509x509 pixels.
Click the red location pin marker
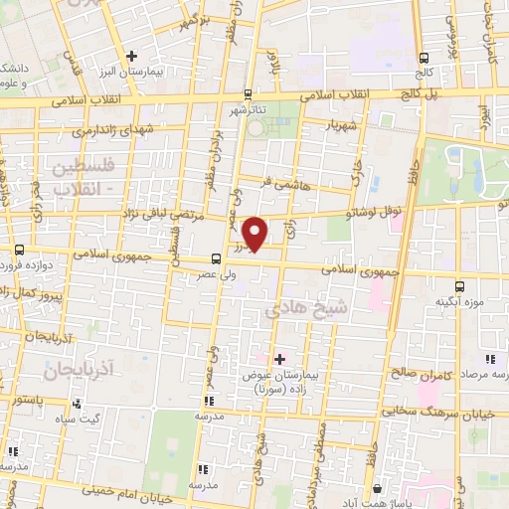coord(255,233)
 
